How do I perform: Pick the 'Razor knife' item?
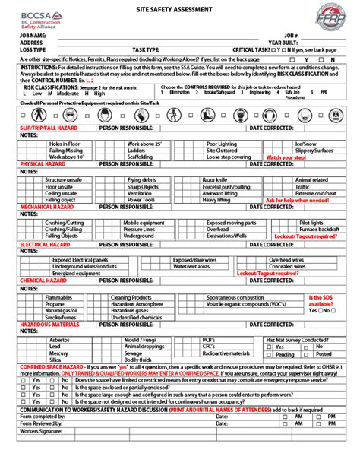215,179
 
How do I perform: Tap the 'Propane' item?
55,304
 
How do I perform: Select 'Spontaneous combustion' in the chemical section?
238,296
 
